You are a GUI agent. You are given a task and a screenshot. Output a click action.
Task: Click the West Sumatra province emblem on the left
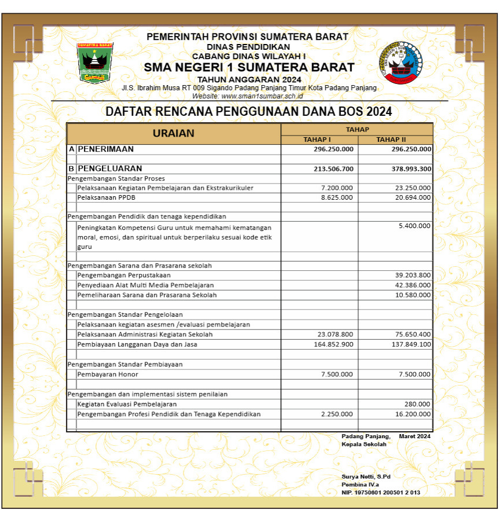pyautogui.click(x=95, y=61)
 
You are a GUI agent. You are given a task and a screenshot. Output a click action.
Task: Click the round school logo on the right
pyautogui.click(x=400, y=61)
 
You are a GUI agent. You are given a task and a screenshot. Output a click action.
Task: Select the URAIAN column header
pyautogui.click(x=174, y=133)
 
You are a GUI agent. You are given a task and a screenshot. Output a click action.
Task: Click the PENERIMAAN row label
pyautogui.click(x=106, y=149)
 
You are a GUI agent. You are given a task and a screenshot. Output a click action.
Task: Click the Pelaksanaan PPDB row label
pyautogui.click(x=101, y=197)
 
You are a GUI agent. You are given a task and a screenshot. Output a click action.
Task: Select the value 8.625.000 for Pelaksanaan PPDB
pyautogui.click(x=336, y=197)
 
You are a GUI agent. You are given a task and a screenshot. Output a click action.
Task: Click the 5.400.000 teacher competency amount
pyautogui.click(x=414, y=226)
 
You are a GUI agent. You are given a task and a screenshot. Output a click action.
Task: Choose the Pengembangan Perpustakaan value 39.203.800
pyautogui.click(x=413, y=275)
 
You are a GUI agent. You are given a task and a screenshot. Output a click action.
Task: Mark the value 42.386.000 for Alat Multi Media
pyautogui.click(x=413, y=285)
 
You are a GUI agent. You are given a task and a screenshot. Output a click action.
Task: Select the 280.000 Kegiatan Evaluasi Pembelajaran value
pyautogui.click(x=419, y=404)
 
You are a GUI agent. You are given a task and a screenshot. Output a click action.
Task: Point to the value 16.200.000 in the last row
pyautogui.click(x=413, y=414)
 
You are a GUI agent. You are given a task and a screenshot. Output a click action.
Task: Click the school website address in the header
pyautogui.click(x=248, y=96)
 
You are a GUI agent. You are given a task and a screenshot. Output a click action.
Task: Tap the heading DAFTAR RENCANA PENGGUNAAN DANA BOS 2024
pyautogui.click(x=249, y=112)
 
